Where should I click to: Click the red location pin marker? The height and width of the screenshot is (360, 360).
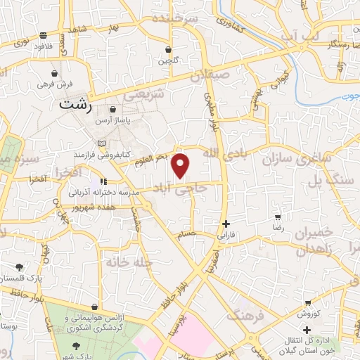point(181,165)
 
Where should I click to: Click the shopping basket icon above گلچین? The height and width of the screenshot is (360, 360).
point(168,50)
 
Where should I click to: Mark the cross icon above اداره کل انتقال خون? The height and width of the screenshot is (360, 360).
point(307,329)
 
